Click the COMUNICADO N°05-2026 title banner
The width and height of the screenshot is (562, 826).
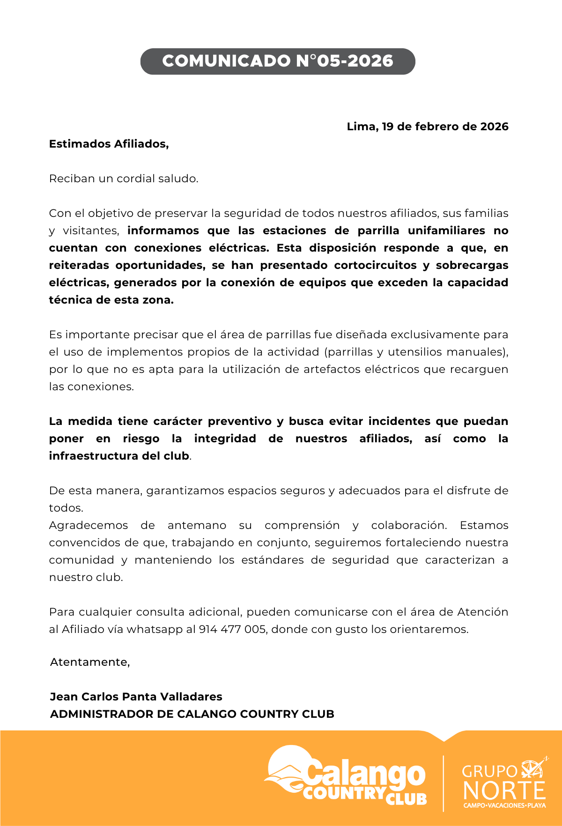[x=278, y=61]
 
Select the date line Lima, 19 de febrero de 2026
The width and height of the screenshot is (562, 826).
[x=427, y=127]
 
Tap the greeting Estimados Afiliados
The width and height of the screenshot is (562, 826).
[x=109, y=144]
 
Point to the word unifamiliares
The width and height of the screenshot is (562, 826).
[x=446, y=231]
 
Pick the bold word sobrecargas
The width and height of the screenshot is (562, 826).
[x=472, y=265]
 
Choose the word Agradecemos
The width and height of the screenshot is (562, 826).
[x=89, y=525]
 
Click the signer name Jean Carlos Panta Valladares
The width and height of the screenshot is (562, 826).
[x=136, y=697]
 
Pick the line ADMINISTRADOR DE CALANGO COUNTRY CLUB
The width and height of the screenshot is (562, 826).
[x=192, y=714]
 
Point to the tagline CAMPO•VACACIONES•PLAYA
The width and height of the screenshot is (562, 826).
[x=504, y=805]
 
